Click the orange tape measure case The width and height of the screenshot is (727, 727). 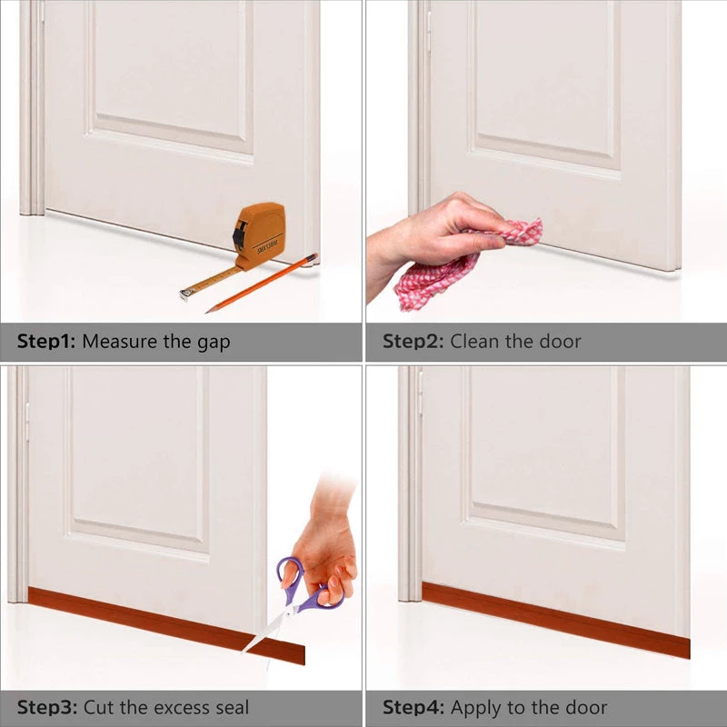tap(262, 234)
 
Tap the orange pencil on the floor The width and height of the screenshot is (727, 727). tap(264, 284)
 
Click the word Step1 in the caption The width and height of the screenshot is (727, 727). tap(46, 343)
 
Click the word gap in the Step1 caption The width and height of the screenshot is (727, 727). tap(213, 344)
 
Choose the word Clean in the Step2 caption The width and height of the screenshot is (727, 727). tap(476, 343)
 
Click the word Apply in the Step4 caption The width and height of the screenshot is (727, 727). tap(475, 708)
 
